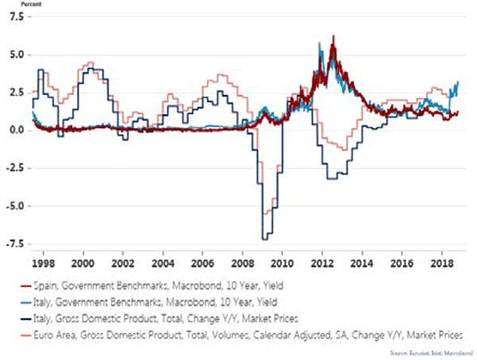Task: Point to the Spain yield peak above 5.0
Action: [x=332, y=37]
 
